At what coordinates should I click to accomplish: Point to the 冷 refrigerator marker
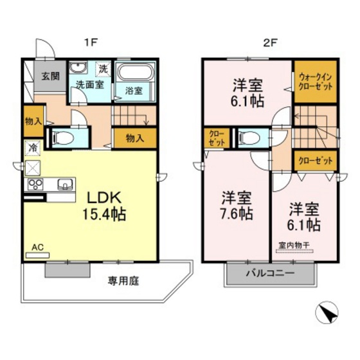pyautogui.click(x=32, y=147)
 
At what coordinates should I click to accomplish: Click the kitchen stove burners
pyautogui.click(x=34, y=185)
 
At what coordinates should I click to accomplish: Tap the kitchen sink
pyautogui.click(x=65, y=185)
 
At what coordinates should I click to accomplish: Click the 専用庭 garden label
pyautogui.click(x=123, y=282)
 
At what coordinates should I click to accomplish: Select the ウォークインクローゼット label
pyautogui.click(x=315, y=82)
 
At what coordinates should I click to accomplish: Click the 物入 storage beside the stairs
pyautogui.click(x=134, y=138)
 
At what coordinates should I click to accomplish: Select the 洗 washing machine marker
pyautogui.click(x=103, y=68)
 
